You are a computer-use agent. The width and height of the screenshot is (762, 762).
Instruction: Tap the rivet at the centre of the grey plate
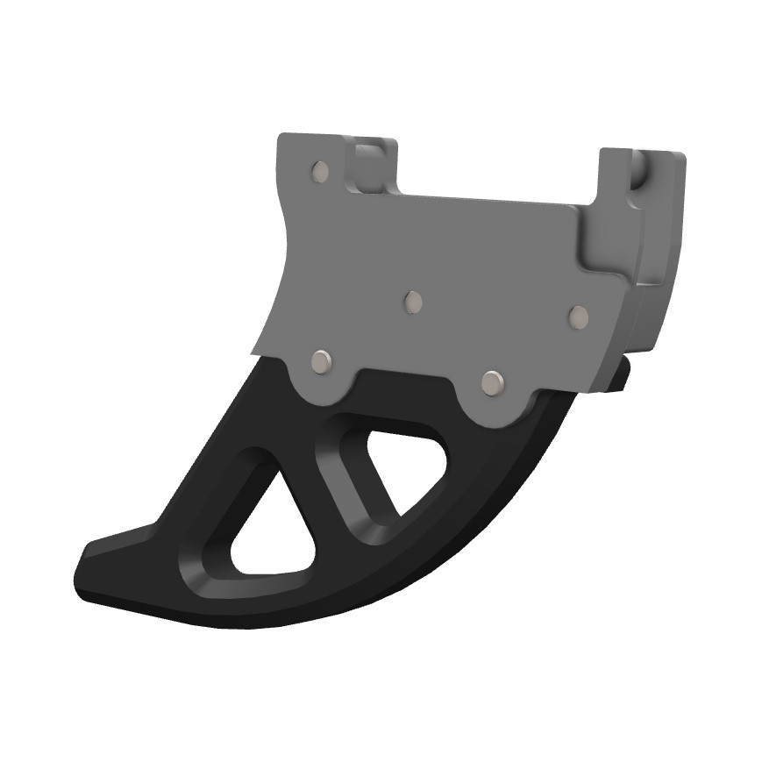coord(413,303)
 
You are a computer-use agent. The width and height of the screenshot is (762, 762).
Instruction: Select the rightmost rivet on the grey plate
coord(578,317)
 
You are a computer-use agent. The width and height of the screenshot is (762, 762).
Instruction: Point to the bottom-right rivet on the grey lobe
coord(493,381)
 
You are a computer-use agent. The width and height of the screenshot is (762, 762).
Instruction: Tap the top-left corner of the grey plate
coord(281,137)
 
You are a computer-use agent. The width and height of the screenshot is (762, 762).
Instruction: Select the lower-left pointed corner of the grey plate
coord(255,353)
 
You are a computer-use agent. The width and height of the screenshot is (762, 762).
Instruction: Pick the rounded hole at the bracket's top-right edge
coord(639,168)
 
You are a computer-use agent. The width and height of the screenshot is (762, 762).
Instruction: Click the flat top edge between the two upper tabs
coord(491,198)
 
